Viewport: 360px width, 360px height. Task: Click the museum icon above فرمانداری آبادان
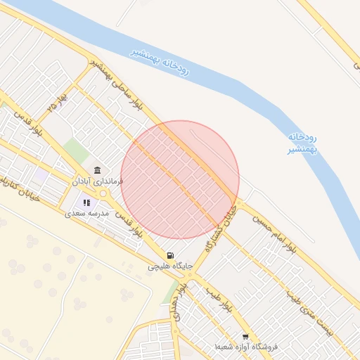(x=97, y=171)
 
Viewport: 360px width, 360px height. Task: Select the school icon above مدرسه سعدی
(x=86, y=202)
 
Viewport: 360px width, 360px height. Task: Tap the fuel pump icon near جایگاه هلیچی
(x=169, y=256)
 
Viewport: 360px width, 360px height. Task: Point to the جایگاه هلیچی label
(x=168, y=267)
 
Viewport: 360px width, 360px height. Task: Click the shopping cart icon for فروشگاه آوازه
(x=245, y=337)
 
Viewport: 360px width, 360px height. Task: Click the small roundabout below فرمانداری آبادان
(x=103, y=193)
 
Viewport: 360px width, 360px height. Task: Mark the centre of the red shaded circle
(x=180, y=179)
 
